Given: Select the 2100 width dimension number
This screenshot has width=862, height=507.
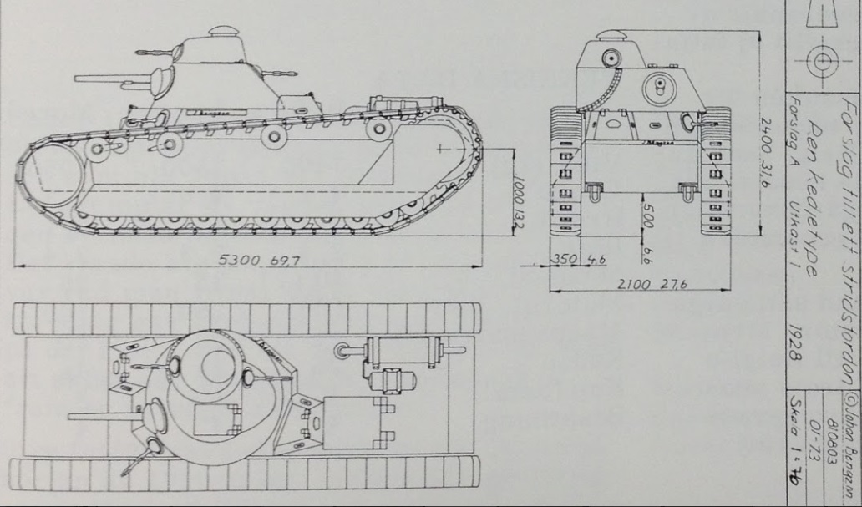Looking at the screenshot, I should pyautogui.click(x=633, y=285).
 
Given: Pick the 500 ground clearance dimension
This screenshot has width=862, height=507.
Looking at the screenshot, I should pyautogui.click(x=649, y=219).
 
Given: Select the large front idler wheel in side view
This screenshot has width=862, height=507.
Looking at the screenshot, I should pyautogui.click(x=48, y=174).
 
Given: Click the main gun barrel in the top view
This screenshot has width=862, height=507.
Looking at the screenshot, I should pyautogui.click(x=104, y=415).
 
